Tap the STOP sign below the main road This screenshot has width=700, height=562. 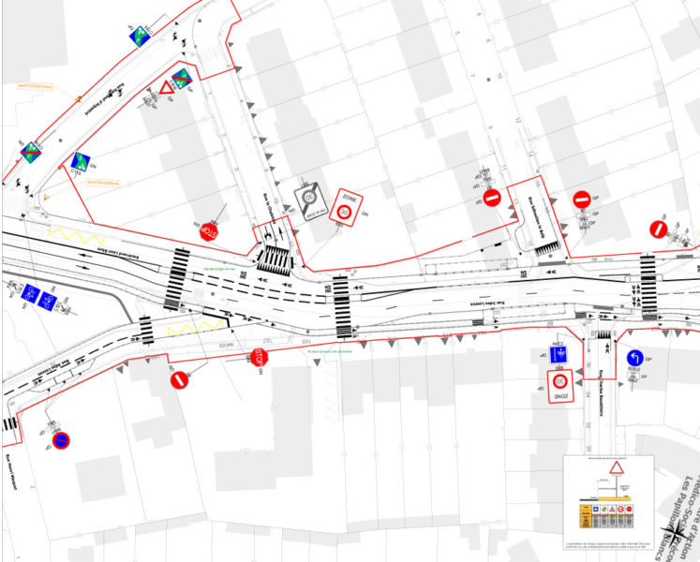point(259,357)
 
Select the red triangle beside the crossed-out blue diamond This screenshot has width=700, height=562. point(167,87)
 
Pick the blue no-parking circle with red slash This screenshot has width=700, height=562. point(60,439)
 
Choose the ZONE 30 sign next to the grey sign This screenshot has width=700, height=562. point(346,207)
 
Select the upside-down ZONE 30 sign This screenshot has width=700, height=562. point(560,386)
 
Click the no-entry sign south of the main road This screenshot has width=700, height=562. point(179,380)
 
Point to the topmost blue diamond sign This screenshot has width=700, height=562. point(141,37)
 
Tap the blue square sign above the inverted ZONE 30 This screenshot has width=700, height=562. point(560,356)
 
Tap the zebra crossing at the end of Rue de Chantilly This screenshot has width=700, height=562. point(275,257)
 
